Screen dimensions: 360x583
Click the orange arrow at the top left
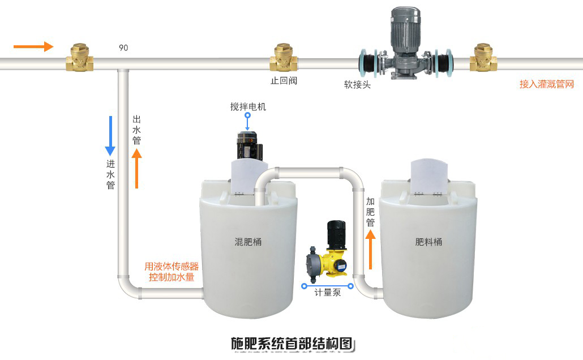coord(33,46)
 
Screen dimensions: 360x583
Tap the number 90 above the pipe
coord(123,48)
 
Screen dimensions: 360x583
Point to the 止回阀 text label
coord(284,80)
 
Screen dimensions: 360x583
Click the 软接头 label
coord(357,85)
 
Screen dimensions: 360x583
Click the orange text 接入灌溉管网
coord(546,84)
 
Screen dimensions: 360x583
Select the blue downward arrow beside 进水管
coord(110,136)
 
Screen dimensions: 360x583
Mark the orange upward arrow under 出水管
coord(136,168)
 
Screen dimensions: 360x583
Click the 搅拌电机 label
coord(248,106)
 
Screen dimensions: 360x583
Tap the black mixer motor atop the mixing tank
coord(247,145)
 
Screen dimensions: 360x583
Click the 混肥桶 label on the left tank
coord(248,242)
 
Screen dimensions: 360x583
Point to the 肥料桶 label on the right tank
coord(428,242)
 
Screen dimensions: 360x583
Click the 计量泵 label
coord(328,294)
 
